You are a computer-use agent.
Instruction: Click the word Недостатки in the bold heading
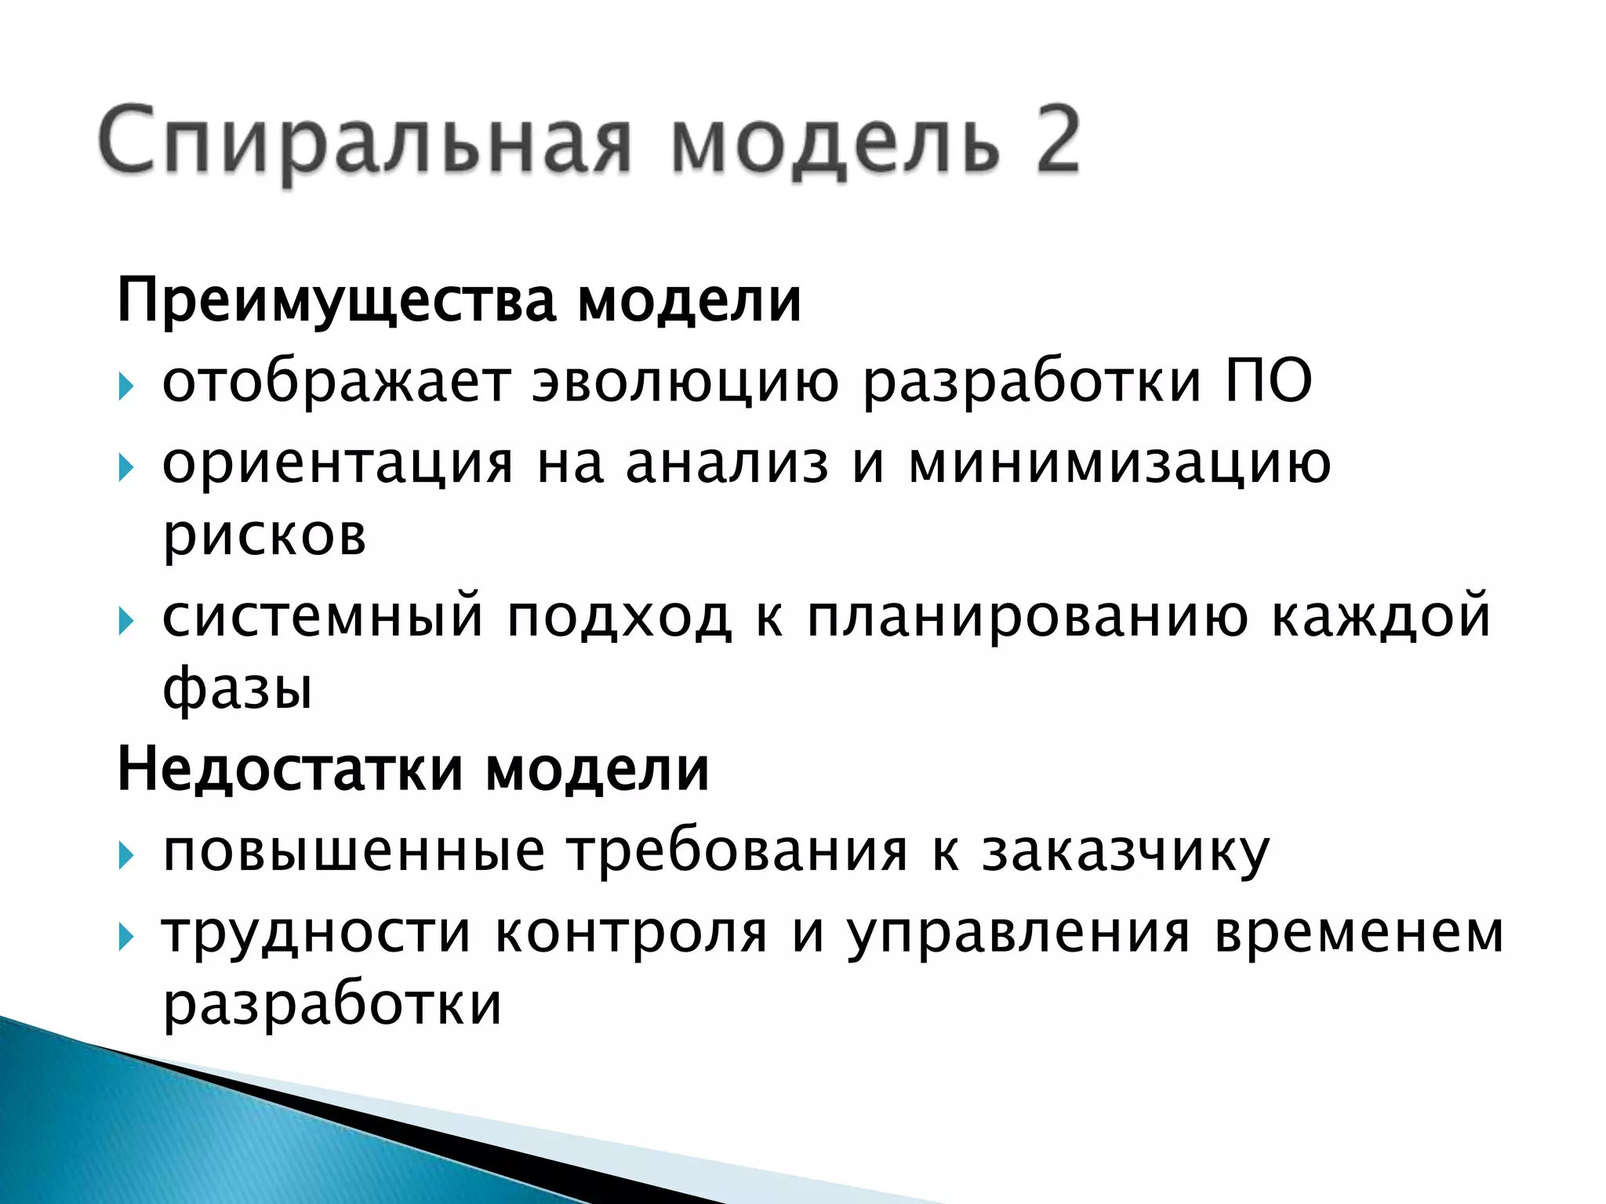(x=290, y=770)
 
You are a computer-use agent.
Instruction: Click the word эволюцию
(x=685, y=383)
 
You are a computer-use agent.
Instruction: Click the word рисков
(x=264, y=536)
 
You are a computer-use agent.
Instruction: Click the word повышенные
(x=354, y=851)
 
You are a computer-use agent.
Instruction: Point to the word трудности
(x=317, y=933)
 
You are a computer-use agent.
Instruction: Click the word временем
(x=1359, y=933)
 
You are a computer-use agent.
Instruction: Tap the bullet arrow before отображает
(x=126, y=386)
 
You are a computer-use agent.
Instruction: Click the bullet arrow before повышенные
(x=126, y=855)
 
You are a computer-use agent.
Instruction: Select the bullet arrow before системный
(x=126, y=622)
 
